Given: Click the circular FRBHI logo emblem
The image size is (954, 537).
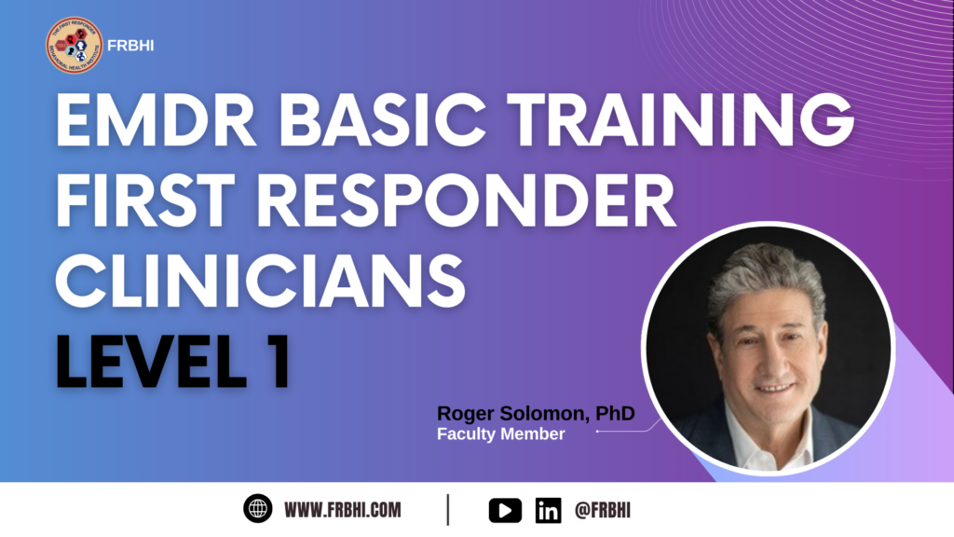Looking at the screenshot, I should tap(74, 46).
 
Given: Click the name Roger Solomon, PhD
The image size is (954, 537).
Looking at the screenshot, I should tap(536, 413).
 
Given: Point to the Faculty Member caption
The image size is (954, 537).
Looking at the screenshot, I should tap(501, 434).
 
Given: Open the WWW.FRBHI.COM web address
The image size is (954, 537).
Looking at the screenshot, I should tap(343, 510).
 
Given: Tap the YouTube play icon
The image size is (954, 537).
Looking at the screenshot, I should tap(505, 510).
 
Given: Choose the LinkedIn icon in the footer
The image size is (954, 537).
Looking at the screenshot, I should tap(548, 510).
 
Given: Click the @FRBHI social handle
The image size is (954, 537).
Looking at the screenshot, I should tap(603, 510).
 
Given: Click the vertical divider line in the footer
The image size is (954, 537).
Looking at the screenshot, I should tap(448, 509).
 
